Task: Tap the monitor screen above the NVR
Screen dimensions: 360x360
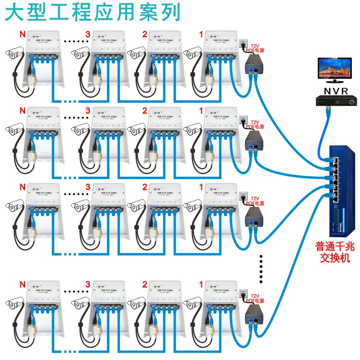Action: [336, 70]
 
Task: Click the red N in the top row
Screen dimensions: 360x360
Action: [21, 34]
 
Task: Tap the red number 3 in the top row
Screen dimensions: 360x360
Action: [87, 34]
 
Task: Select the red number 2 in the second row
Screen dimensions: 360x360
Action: [144, 110]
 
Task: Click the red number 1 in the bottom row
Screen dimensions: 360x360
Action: [201, 285]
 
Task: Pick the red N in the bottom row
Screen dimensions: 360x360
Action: [21, 285]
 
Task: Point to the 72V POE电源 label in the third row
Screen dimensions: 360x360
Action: [254, 200]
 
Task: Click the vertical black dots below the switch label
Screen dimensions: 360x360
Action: [261, 269]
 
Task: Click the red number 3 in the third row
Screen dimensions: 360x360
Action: [87, 187]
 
